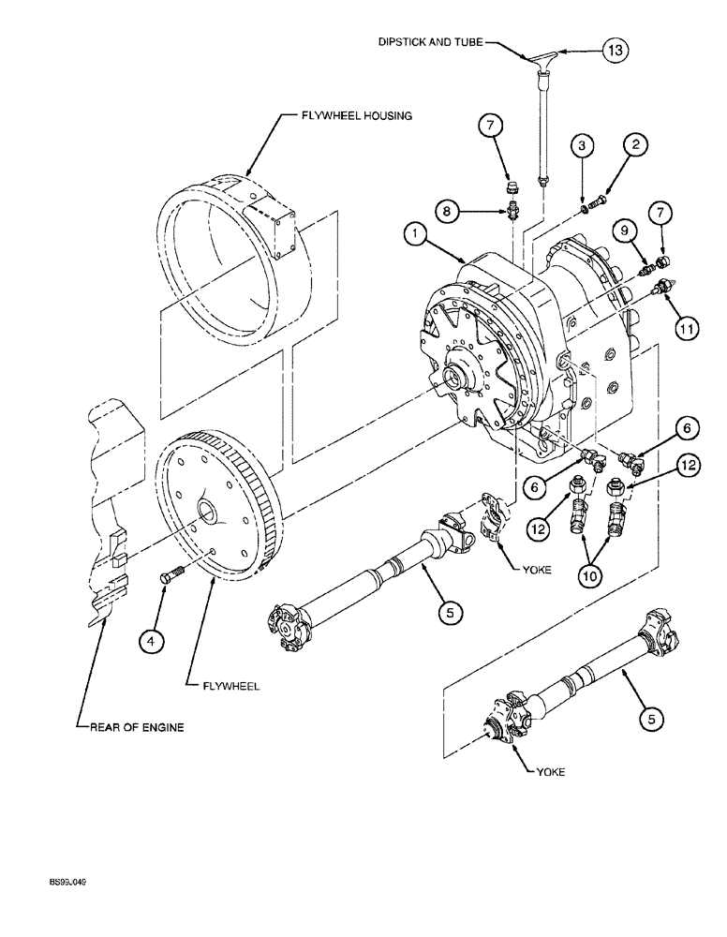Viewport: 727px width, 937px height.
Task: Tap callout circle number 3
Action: tap(582, 145)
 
